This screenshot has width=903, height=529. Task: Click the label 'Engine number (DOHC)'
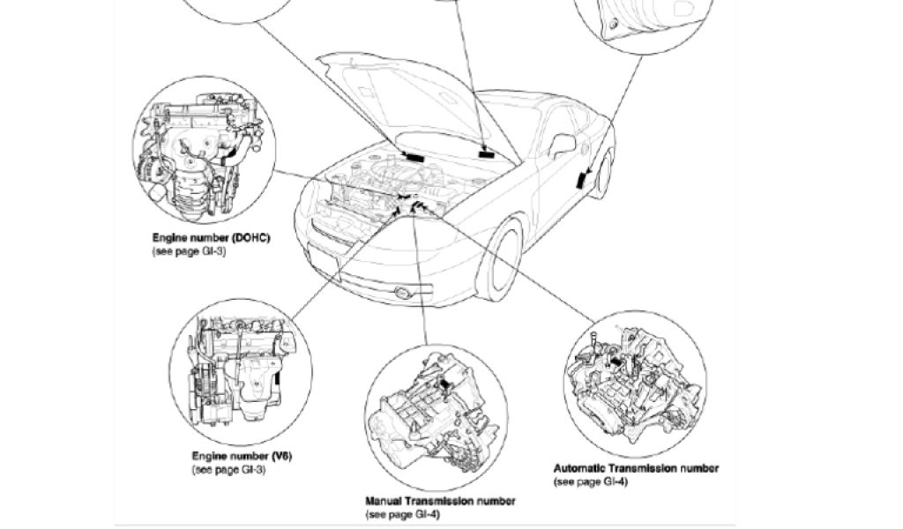211,238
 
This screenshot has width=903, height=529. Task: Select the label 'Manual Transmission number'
440,501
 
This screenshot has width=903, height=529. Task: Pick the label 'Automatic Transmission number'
635,468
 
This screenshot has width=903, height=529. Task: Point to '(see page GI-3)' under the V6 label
228,469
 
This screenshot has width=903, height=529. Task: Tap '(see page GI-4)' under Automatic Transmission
590,481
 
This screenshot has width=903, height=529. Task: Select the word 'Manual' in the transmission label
385,501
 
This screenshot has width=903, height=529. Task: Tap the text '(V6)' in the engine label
281,456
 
